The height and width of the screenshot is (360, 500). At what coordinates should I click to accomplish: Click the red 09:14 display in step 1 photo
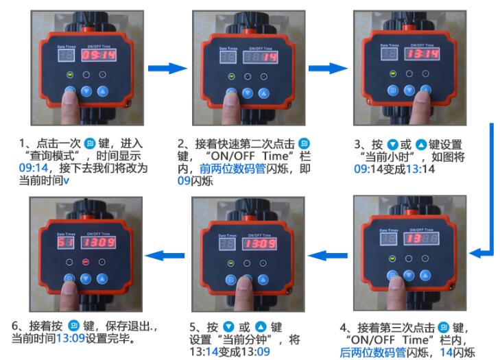tap(99, 54)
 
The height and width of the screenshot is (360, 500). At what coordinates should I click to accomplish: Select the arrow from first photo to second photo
tap(168, 67)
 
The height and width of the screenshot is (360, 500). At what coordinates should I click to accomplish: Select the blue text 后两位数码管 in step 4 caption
tap(371, 352)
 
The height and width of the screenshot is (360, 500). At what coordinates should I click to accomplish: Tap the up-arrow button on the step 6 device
tap(102, 279)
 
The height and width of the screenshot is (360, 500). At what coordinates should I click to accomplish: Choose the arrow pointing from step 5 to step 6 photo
tap(165, 256)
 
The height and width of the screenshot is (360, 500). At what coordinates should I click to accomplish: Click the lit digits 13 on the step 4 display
tap(410, 239)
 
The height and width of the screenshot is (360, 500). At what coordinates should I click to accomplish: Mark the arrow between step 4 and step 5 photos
tap(329, 256)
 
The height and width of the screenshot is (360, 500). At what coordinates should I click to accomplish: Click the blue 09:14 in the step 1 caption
tap(33, 167)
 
